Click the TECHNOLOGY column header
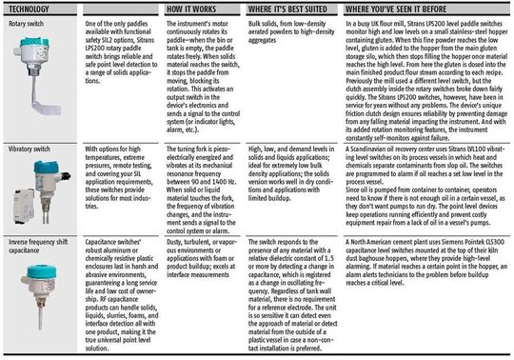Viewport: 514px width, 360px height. (x=29, y=7)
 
